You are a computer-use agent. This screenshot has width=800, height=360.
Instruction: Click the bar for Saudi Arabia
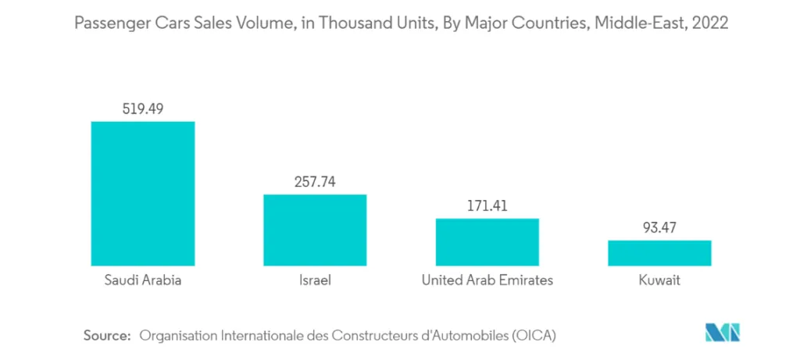(x=143, y=193)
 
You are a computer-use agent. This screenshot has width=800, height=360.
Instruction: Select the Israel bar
(x=315, y=229)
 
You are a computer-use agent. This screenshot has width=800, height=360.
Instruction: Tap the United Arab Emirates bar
(x=487, y=241)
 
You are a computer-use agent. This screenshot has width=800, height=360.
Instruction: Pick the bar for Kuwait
(x=659, y=252)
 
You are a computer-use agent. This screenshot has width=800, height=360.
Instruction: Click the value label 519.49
(x=143, y=109)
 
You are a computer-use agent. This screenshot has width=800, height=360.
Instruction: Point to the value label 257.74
(x=315, y=181)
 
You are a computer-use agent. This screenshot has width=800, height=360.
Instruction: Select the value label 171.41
(x=487, y=206)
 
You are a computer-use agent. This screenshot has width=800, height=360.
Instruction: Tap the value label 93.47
(x=659, y=228)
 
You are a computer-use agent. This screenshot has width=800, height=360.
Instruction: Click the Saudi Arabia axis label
(x=143, y=280)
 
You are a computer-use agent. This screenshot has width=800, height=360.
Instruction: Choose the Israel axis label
(x=315, y=280)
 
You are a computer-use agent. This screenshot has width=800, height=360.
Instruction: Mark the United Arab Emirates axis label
(x=487, y=280)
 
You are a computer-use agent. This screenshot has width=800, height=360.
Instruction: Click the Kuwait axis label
(x=659, y=280)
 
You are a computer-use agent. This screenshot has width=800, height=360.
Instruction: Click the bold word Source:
(x=106, y=335)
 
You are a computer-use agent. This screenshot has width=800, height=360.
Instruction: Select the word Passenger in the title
(x=108, y=23)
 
